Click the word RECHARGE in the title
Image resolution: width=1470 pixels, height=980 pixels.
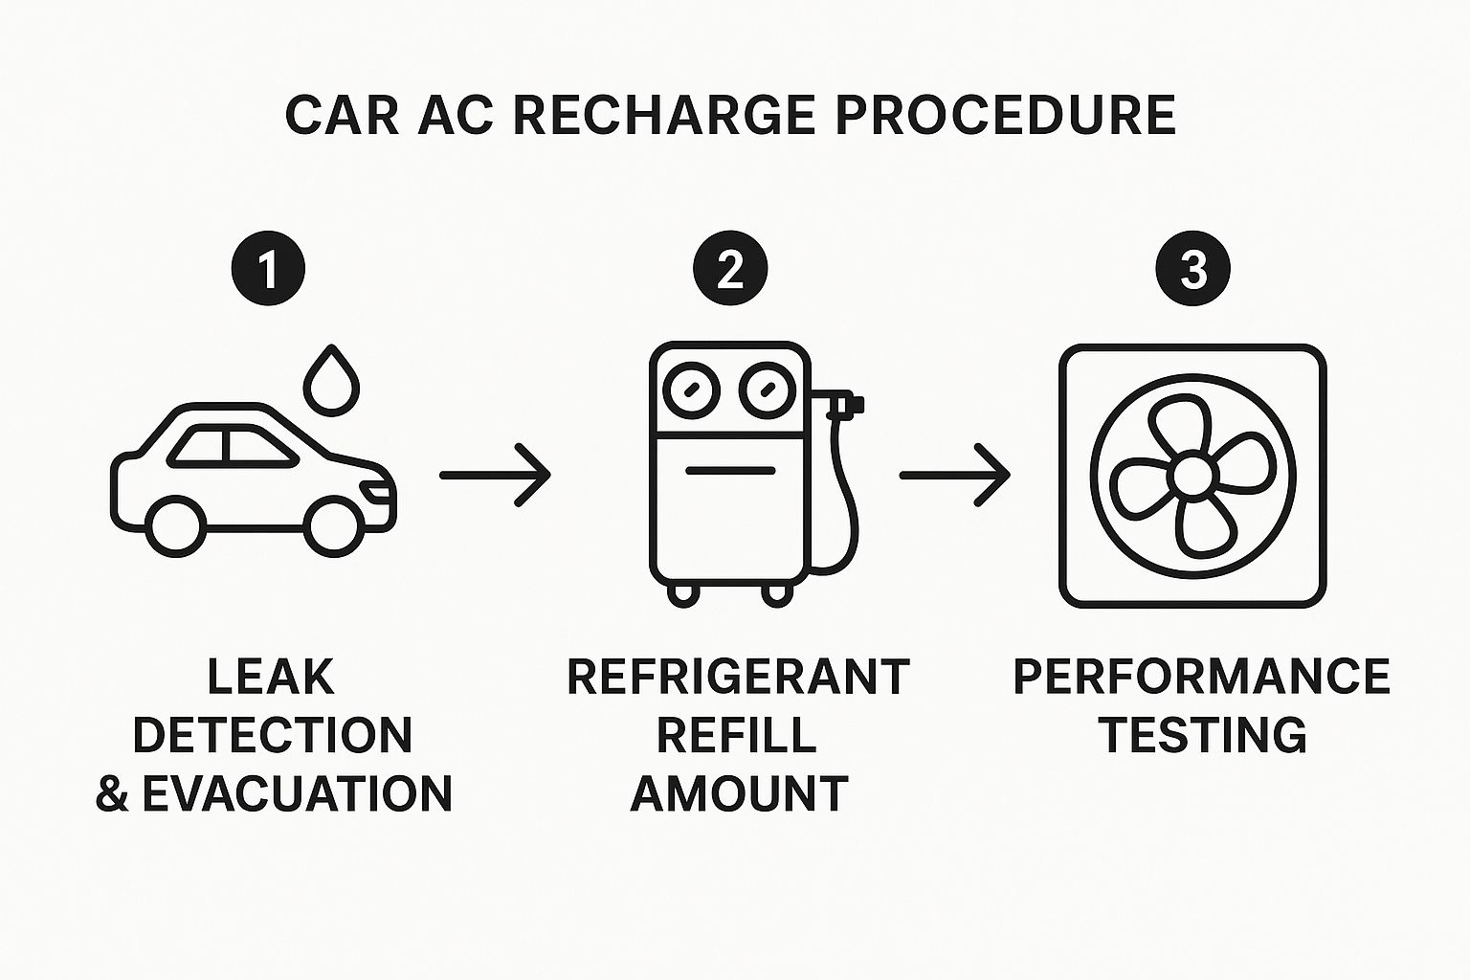point(663,116)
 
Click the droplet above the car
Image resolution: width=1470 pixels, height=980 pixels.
point(331,382)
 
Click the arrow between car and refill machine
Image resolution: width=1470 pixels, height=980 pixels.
point(495,474)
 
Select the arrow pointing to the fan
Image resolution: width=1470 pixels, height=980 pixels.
point(954,474)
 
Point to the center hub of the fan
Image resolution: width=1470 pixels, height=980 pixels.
point(1192,475)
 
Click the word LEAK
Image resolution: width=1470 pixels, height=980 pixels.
point(271,677)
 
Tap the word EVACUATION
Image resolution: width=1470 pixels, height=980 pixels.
point(297,793)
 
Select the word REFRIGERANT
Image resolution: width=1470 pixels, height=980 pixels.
point(738,677)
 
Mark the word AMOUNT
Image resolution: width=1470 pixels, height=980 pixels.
point(739,793)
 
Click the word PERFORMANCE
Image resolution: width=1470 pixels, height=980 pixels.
point(1201,677)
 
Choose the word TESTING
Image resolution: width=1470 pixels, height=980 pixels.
point(1203,735)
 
